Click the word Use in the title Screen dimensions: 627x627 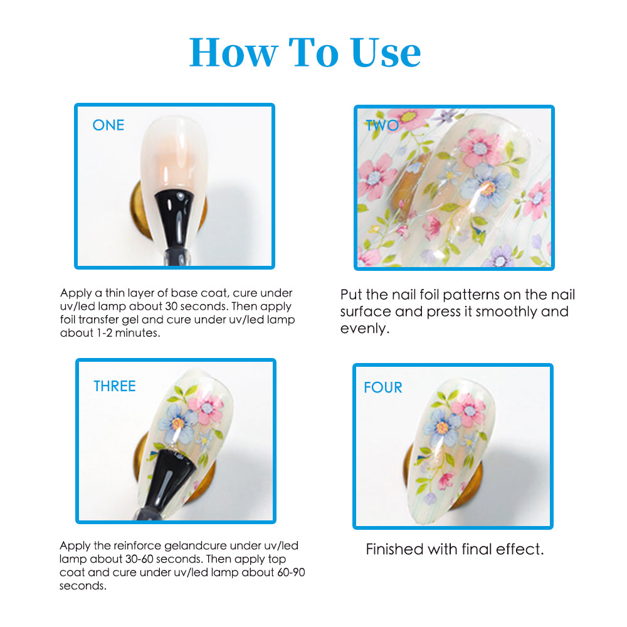click(x=386, y=53)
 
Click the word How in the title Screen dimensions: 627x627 click(x=233, y=53)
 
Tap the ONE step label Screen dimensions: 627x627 click(x=108, y=125)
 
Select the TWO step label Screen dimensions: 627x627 click(x=382, y=125)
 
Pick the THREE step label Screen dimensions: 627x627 click(x=115, y=386)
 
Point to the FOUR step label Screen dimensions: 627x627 click(x=383, y=387)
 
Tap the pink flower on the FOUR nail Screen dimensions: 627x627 click(x=469, y=410)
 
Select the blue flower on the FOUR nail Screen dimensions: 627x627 click(x=442, y=428)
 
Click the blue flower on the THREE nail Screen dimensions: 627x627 click(x=178, y=423)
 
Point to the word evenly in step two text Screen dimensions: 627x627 click(x=365, y=329)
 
